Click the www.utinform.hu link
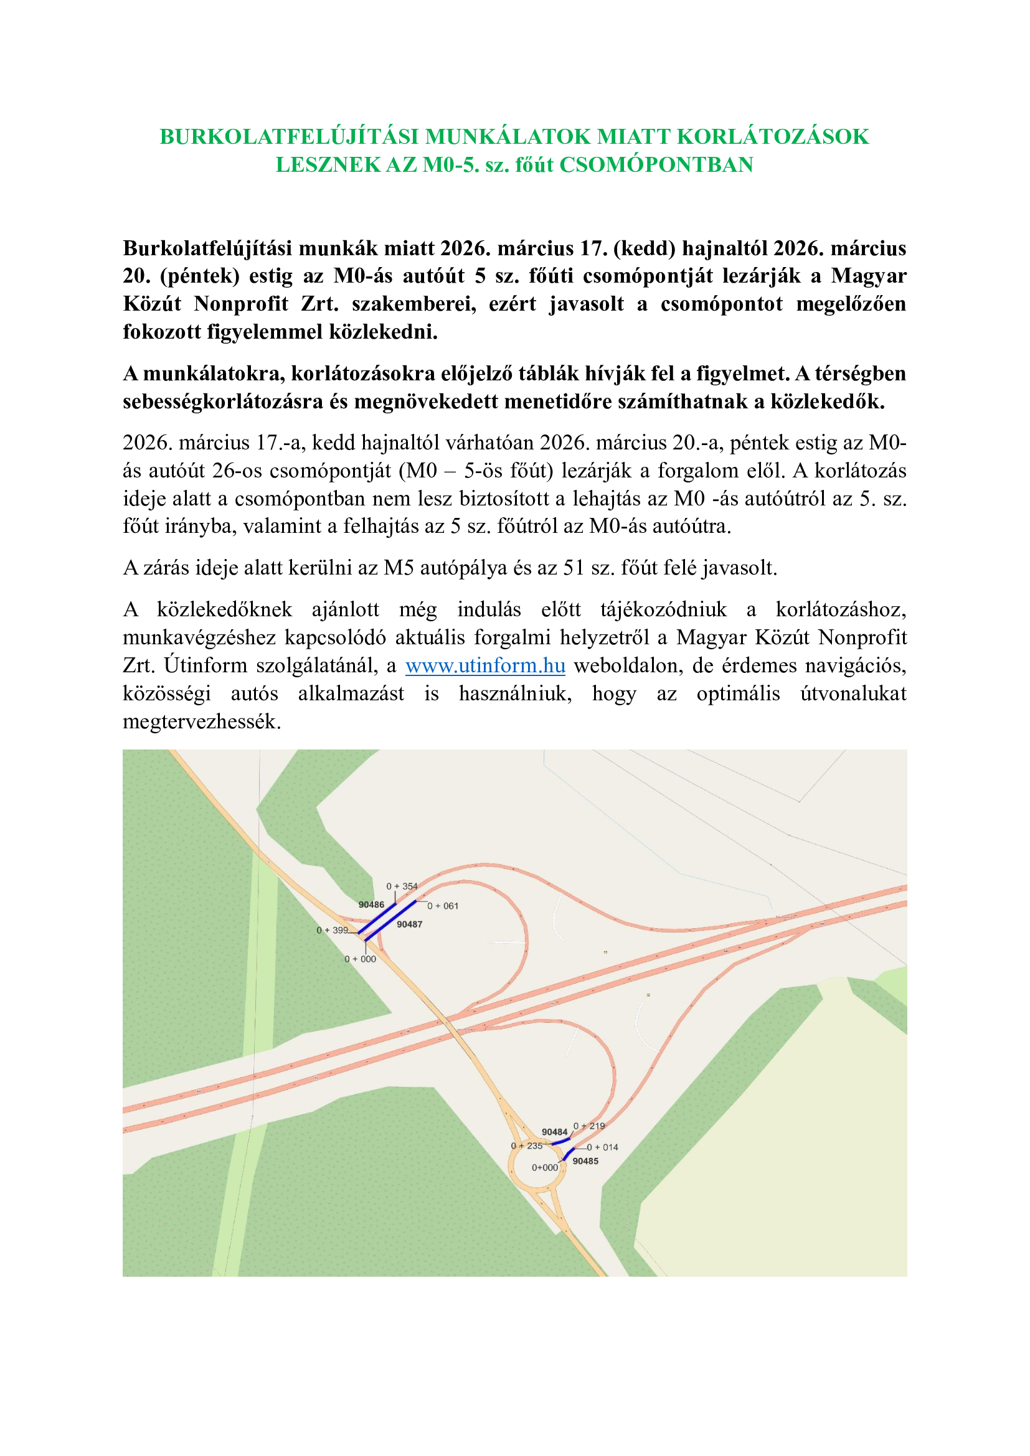tap(485, 666)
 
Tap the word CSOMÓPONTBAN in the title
tap(656, 165)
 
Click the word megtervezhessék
tap(202, 721)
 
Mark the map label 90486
tap(371, 905)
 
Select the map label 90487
tap(410, 924)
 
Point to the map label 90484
tap(554, 1132)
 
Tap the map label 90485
tap(585, 1161)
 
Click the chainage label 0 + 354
tap(402, 886)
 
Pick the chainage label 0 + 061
tap(443, 906)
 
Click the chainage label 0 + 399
tap(333, 930)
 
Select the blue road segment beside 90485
tap(569, 1153)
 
